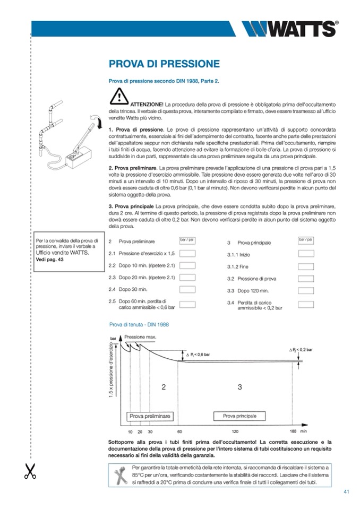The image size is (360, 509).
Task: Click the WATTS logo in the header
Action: (x=289, y=29)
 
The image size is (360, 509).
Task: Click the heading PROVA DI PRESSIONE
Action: (x=164, y=64)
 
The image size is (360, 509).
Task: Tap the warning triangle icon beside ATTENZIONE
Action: (x=119, y=97)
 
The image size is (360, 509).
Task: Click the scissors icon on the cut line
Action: (x=30, y=471)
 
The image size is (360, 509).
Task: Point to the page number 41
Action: (x=346, y=492)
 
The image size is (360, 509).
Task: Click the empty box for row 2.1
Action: (x=187, y=253)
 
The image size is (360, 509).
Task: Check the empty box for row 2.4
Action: (x=187, y=289)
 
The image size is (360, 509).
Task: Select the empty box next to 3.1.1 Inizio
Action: (x=306, y=254)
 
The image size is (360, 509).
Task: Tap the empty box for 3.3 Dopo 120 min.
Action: (x=306, y=290)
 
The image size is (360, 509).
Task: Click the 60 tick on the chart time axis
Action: (x=179, y=432)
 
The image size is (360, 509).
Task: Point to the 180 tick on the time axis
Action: (x=293, y=432)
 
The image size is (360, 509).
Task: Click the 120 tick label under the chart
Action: (x=235, y=432)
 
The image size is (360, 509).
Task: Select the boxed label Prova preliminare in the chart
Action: (x=150, y=416)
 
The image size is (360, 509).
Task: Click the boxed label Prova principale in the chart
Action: (x=239, y=416)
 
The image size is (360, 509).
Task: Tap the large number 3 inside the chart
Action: (x=239, y=387)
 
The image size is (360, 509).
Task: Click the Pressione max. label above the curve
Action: (x=140, y=337)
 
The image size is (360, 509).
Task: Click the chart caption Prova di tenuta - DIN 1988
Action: (x=139, y=324)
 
